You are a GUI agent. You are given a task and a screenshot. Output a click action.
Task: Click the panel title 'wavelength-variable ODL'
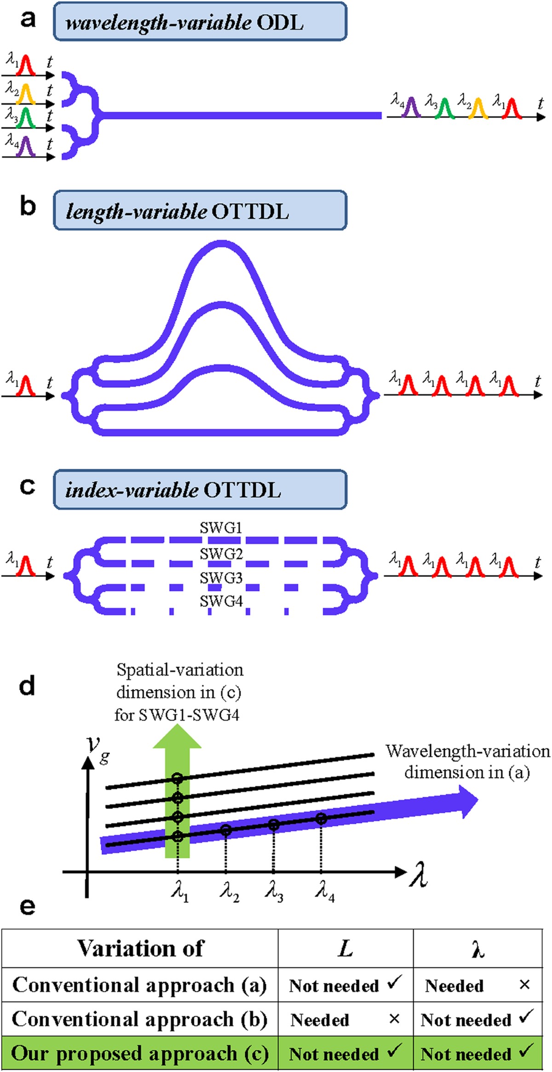(200, 22)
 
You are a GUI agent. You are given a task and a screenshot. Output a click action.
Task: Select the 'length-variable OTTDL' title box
(200, 211)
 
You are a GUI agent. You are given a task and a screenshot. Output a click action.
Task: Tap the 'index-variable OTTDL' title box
(200, 489)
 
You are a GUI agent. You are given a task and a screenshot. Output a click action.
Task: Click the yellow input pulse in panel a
(26, 94)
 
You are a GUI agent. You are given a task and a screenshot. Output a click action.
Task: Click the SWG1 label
(221, 528)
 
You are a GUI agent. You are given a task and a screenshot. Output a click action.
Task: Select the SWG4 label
(221, 601)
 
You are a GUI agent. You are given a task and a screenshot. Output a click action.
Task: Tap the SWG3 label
(221, 578)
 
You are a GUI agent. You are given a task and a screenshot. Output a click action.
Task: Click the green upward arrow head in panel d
(177, 736)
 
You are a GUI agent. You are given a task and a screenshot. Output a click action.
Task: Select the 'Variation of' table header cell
(140, 948)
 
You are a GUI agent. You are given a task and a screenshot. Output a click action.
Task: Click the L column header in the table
(345, 948)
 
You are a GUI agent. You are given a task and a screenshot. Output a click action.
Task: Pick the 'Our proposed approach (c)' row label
(140, 1054)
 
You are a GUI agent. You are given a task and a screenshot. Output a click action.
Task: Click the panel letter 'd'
(27, 686)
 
